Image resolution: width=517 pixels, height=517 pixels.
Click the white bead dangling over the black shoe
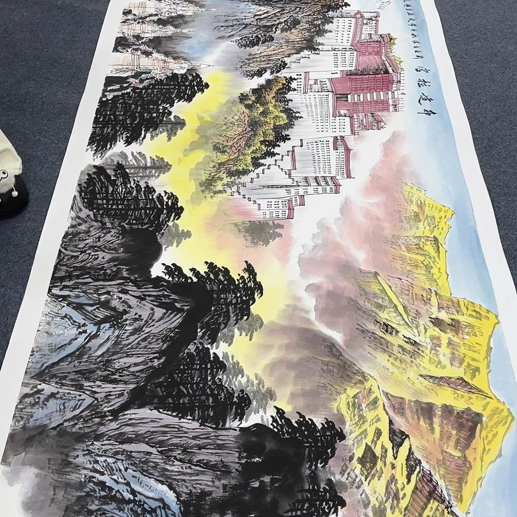click(15, 193)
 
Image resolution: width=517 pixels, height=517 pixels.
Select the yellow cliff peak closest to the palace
click(426, 206)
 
